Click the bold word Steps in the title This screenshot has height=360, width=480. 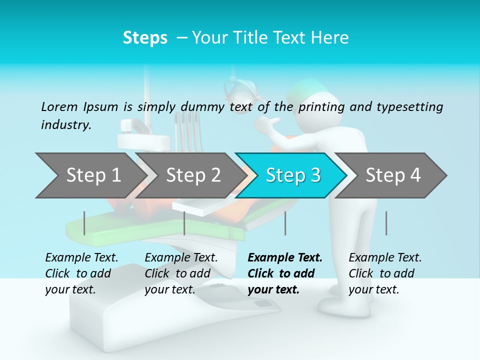[x=145, y=38]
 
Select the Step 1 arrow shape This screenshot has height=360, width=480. [x=90, y=175]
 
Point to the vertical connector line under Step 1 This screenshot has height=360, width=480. [x=84, y=223]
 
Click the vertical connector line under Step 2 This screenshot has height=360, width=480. [x=184, y=223]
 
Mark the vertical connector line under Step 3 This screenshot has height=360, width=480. [x=285, y=223]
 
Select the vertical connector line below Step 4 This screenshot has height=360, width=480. [x=386, y=223]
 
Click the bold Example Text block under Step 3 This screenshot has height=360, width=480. [x=285, y=273]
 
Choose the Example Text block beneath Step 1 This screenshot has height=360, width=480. [x=81, y=273]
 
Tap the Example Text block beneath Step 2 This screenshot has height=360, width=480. [x=181, y=273]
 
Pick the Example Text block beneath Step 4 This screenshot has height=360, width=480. [x=385, y=273]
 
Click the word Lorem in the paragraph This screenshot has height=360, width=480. [x=59, y=106]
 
